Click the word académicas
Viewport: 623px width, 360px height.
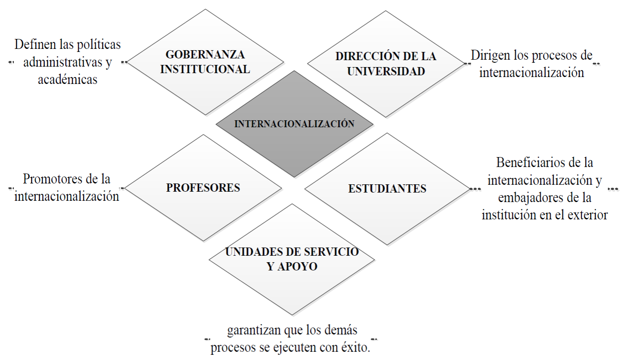tap(67, 80)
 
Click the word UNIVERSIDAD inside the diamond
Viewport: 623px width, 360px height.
tap(386, 71)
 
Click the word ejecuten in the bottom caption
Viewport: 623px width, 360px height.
tap(295, 348)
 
